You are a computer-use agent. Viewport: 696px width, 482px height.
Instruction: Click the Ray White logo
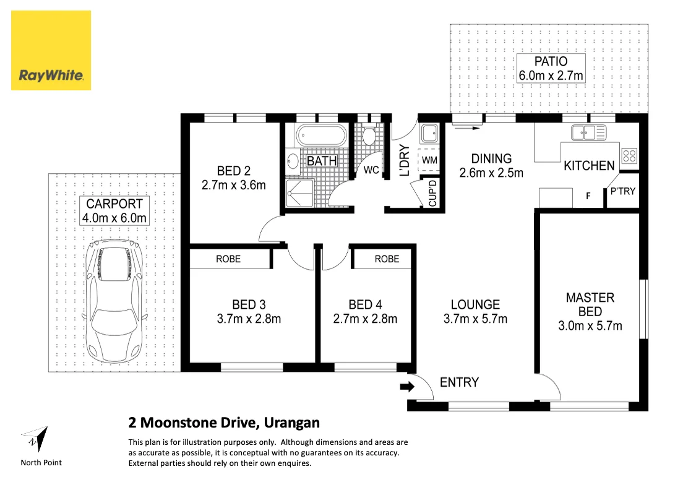click(51, 51)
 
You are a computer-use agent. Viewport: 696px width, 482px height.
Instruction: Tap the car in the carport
click(114, 301)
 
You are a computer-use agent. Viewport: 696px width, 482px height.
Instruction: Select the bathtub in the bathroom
click(321, 135)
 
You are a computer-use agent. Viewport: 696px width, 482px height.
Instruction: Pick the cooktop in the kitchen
click(629, 155)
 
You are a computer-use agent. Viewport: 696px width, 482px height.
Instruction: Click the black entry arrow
click(407, 387)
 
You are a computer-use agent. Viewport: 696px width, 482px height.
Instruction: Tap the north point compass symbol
click(35, 439)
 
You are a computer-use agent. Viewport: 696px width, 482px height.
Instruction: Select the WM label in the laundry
click(430, 160)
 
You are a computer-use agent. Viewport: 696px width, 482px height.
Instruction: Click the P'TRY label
click(623, 191)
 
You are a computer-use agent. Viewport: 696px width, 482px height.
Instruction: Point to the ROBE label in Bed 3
click(228, 259)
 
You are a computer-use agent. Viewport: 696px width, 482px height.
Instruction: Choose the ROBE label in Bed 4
click(387, 259)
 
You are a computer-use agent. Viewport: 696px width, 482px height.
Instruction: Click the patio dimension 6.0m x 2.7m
click(551, 75)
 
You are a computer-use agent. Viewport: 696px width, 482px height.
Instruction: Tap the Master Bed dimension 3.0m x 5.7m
click(590, 326)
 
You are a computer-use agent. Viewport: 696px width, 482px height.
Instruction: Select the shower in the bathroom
click(299, 192)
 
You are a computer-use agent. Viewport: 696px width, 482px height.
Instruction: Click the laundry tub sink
click(429, 133)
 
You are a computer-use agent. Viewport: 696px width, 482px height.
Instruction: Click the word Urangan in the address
click(291, 423)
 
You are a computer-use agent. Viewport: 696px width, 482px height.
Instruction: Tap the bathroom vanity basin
click(293, 161)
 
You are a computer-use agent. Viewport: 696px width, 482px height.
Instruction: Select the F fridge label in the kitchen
click(588, 196)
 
